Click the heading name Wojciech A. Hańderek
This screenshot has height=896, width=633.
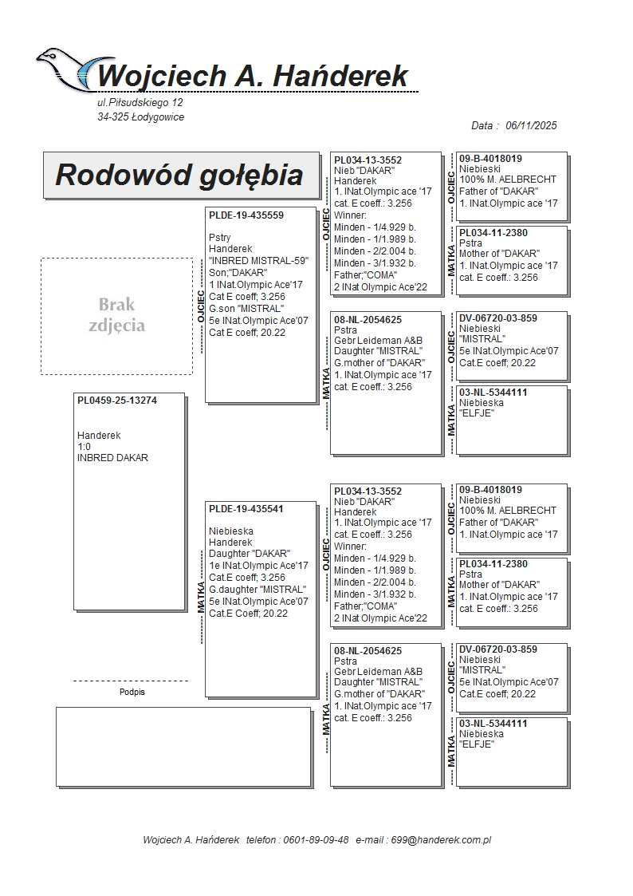pyautogui.click(x=253, y=76)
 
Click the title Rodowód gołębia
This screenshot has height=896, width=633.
pyautogui.click(x=179, y=175)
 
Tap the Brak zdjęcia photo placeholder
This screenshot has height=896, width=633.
pyautogui.click(x=116, y=315)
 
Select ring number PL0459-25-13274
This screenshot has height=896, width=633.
pyautogui.click(x=117, y=401)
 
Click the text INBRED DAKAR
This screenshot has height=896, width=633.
pyautogui.click(x=112, y=458)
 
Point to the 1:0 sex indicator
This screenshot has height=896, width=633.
pyautogui.click(x=84, y=447)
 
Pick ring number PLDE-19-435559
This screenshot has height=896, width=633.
pyautogui.click(x=246, y=215)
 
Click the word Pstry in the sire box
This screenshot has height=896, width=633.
pyautogui.click(x=220, y=238)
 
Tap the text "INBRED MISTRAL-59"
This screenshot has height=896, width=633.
pyautogui.click(x=258, y=261)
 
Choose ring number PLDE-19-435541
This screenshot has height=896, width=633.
pyautogui.click(x=246, y=508)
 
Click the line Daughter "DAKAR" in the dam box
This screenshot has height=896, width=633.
pyautogui.click(x=250, y=554)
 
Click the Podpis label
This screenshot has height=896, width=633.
pyautogui.click(x=132, y=692)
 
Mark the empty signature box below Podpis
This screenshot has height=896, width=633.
pyautogui.click(x=183, y=746)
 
